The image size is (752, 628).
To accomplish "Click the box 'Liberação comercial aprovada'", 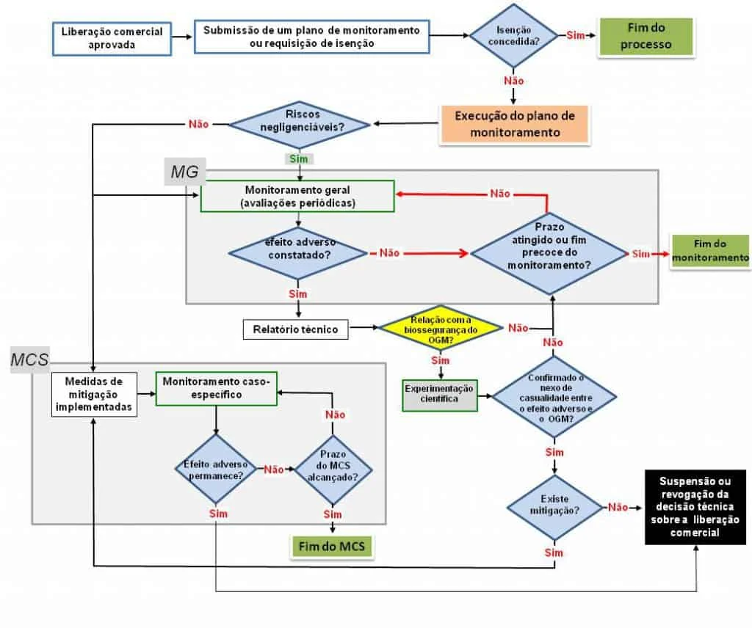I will click(x=112, y=37).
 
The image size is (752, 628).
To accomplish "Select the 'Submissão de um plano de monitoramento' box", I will click(x=311, y=36).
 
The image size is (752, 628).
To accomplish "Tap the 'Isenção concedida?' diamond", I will click(x=513, y=36).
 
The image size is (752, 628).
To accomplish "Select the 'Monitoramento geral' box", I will click(x=298, y=197).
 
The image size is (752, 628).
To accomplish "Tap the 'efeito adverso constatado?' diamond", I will click(x=297, y=252).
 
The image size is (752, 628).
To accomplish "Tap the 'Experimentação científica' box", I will click(x=439, y=395).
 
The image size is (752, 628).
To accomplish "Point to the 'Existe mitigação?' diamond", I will click(x=554, y=506).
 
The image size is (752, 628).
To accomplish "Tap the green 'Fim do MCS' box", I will click(x=332, y=547).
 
